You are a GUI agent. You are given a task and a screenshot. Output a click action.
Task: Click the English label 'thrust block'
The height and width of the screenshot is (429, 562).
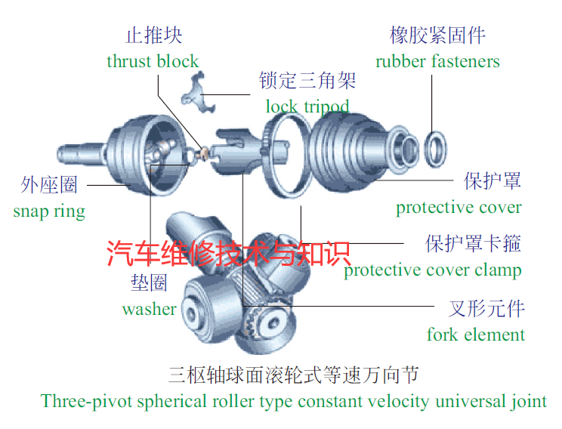(153, 61)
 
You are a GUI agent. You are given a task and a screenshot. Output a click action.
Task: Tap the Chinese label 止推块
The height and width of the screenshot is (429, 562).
(154, 35)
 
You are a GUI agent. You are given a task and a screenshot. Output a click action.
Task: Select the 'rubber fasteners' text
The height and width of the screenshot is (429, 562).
(437, 61)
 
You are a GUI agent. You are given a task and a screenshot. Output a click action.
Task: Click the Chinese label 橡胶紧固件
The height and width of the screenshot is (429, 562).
(437, 35)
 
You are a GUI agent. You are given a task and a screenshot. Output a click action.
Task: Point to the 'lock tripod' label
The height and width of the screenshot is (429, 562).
(307, 106)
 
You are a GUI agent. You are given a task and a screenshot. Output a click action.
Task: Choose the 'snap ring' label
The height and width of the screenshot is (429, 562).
(49, 211)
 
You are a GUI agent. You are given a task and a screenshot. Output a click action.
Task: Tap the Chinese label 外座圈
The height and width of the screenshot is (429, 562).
(49, 185)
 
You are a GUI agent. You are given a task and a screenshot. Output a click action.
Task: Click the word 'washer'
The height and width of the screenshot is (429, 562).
(150, 309)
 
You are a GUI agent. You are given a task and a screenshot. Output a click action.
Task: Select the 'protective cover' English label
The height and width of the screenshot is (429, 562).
(459, 207)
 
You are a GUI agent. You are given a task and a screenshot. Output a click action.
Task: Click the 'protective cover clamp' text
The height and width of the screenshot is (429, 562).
(433, 270)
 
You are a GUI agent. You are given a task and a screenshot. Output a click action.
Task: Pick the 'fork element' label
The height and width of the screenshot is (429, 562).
(476, 335)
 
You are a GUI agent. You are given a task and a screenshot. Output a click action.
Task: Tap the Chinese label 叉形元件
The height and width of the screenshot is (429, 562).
(486, 309)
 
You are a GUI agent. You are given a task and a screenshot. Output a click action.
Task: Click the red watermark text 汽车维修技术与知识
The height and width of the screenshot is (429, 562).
(229, 253)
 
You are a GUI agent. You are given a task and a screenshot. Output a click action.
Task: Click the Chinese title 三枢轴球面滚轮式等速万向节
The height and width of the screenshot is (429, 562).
(294, 375)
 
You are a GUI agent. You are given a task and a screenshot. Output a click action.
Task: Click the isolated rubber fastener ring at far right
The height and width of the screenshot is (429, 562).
(436, 149)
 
